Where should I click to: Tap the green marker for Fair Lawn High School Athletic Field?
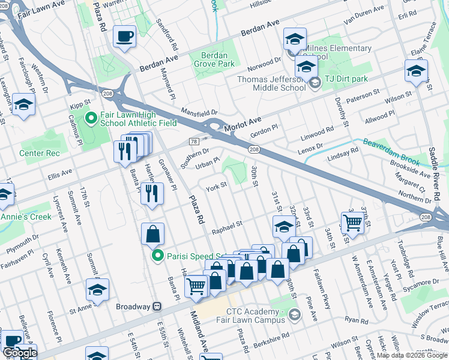91,118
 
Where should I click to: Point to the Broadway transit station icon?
157,306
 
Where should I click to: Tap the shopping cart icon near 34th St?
352,223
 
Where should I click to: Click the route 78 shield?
193,141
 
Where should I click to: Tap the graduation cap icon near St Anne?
97,290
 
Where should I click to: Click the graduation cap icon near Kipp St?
23,104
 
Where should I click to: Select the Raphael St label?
227,226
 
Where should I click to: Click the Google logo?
20,353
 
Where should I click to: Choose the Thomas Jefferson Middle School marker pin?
313,85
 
